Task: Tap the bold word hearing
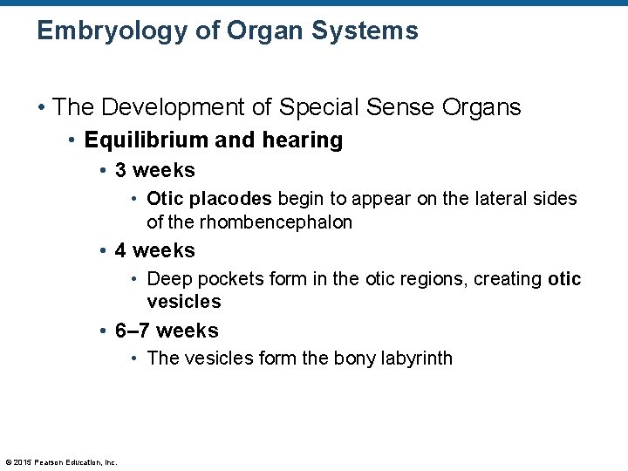tap(299, 140)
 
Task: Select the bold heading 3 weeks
tap(155, 170)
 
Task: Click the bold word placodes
tap(230, 200)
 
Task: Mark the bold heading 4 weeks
tap(155, 250)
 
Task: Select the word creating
tap(508, 279)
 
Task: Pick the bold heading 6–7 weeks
tap(167, 331)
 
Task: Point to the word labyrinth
tap(417, 358)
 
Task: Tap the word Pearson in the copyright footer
tap(51, 461)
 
